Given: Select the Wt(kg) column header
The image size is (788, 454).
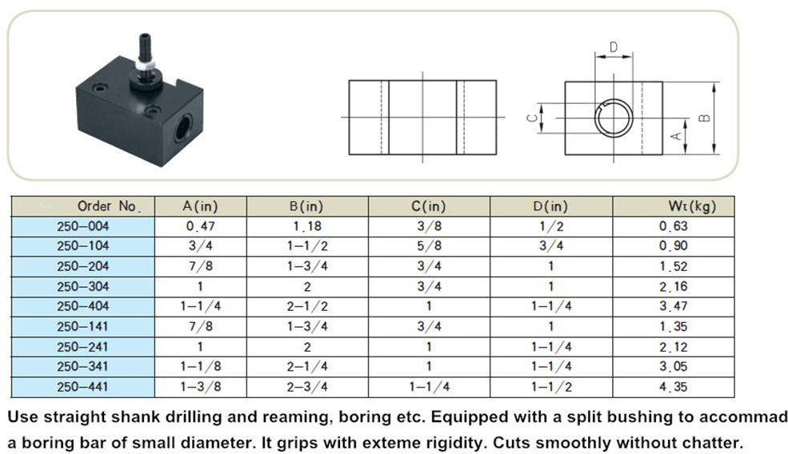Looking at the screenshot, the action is (x=692, y=206).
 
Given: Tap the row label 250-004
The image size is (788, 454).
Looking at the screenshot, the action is (x=82, y=226).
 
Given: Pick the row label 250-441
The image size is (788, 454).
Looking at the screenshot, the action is (x=82, y=387).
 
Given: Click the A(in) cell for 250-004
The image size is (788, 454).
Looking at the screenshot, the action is (x=201, y=226).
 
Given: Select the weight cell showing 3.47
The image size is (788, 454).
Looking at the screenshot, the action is (x=674, y=306).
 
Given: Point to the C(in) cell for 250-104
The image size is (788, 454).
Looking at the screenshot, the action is (x=429, y=246).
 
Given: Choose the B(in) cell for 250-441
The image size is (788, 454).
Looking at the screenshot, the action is (x=307, y=387).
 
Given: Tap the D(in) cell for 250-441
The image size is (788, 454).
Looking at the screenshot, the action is (x=551, y=387).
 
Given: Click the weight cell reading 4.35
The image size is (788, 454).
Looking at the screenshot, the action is (x=674, y=387).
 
